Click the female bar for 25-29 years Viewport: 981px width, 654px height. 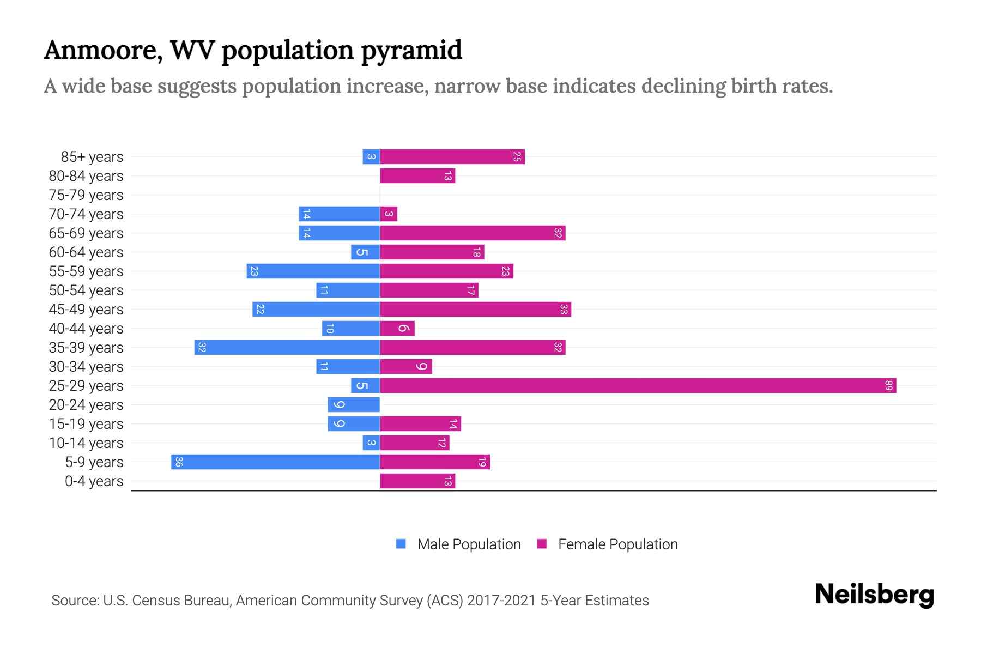pyautogui.click(x=638, y=386)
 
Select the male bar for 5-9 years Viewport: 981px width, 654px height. pyautogui.click(x=275, y=462)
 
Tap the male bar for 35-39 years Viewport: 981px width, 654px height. pyautogui.click(x=287, y=348)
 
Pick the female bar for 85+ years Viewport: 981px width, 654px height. pyautogui.click(x=452, y=157)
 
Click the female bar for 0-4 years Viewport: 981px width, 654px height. pyautogui.click(x=417, y=481)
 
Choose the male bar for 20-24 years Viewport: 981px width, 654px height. pyautogui.click(x=354, y=405)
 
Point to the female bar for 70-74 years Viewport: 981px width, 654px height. pyautogui.click(x=389, y=214)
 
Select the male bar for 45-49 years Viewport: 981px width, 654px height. pyautogui.click(x=316, y=310)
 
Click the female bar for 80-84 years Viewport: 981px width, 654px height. pyautogui.click(x=417, y=176)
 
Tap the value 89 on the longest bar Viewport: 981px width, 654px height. pyautogui.click(x=888, y=386)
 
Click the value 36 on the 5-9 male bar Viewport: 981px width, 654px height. pyautogui.click(x=179, y=462)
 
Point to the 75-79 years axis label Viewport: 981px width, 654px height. pyautogui.click(x=86, y=195)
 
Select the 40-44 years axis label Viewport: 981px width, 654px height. pyautogui.click(x=86, y=329)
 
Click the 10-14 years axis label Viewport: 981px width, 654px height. pyautogui.click(x=86, y=443)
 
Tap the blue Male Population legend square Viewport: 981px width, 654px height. pyautogui.click(x=401, y=544)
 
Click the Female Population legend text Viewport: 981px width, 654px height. pyautogui.click(x=617, y=544)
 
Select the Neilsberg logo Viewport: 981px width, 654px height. pyautogui.click(x=874, y=595)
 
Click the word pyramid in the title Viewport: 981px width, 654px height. pyautogui.click(x=411, y=51)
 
